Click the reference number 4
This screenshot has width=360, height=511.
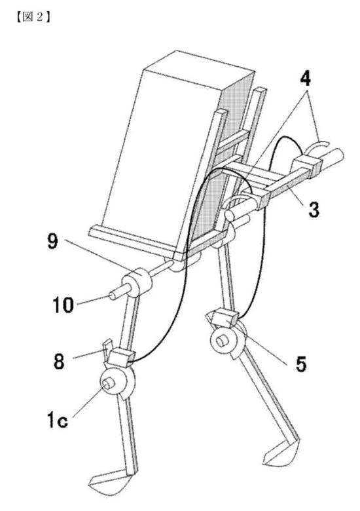click(x=304, y=79)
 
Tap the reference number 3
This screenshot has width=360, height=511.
click(x=314, y=209)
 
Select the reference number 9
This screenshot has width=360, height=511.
click(x=52, y=242)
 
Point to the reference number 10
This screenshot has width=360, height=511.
click(x=63, y=305)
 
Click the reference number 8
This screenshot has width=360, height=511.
click(x=59, y=362)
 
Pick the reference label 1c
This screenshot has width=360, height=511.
click(x=58, y=419)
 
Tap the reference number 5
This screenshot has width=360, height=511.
click(x=301, y=364)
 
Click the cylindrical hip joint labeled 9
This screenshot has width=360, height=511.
click(x=137, y=282)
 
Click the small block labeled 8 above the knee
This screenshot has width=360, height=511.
click(x=120, y=356)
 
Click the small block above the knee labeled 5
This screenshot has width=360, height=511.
click(x=225, y=318)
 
